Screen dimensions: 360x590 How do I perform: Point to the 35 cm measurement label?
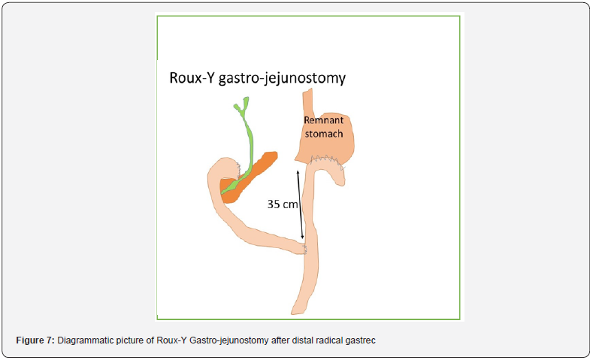point(282,203)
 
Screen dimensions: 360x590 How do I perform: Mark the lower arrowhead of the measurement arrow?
point(303,239)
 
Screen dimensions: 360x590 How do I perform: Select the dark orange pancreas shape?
point(248,177)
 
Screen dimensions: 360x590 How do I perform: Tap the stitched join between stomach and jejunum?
point(323,160)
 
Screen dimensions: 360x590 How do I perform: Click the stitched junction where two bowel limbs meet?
point(304,247)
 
